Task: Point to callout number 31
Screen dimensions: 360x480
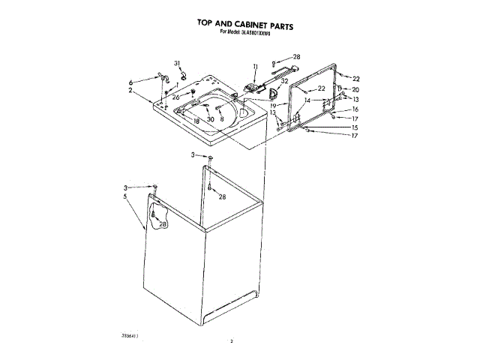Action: (x=178, y=62)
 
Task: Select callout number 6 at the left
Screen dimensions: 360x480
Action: (x=130, y=82)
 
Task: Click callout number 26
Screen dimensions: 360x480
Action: (x=176, y=96)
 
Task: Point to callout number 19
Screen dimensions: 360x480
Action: (x=274, y=106)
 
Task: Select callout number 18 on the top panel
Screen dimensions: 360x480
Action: (x=196, y=121)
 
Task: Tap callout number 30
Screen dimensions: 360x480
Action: (x=211, y=120)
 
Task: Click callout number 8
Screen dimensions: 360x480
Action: (x=222, y=120)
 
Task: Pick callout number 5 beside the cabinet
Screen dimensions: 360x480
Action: (x=125, y=196)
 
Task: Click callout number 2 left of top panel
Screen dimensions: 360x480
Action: (x=130, y=91)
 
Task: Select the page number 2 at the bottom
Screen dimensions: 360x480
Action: (x=232, y=341)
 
